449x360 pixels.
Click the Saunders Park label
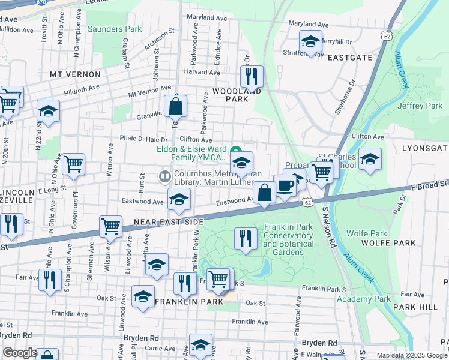click(114, 29)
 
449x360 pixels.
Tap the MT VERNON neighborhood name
click(75, 74)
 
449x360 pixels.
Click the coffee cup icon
click(285, 185)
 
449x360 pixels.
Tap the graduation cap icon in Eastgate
click(310, 41)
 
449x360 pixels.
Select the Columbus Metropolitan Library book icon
click(164, 176)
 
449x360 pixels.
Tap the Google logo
click(20, 353)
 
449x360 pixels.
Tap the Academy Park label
click(364, 299)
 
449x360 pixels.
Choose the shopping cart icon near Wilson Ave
click(110, 226)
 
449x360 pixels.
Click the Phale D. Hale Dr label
click(143, 139)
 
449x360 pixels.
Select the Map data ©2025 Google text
click(411, 355)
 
